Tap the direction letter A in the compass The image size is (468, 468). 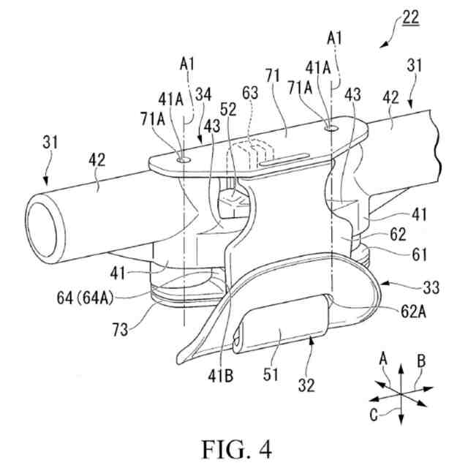pos(381,358)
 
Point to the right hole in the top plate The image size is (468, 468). pos(333,128)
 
